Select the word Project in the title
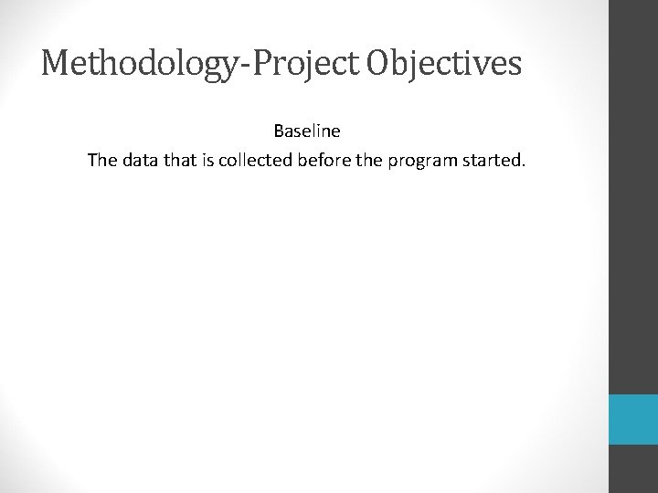(x=294, y=65)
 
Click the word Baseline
(x=306, y=131)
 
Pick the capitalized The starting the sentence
(x=101, y=161)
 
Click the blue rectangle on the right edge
(x=633, y=419)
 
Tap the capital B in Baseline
(x=278, y=131)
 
